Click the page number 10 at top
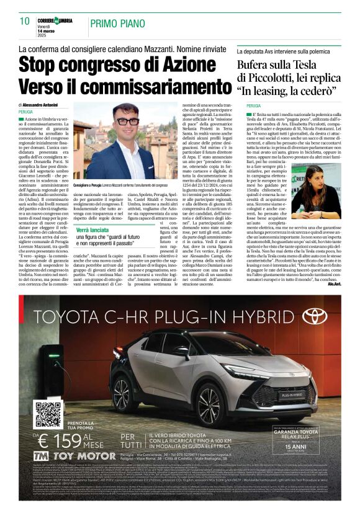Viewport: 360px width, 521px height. pyautogui.click(x=25, y=21)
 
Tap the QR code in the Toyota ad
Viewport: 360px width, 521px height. pyautogui.click(x=48, y=415)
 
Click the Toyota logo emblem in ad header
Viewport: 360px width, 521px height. pyautogui.click(x=316, y=316)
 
